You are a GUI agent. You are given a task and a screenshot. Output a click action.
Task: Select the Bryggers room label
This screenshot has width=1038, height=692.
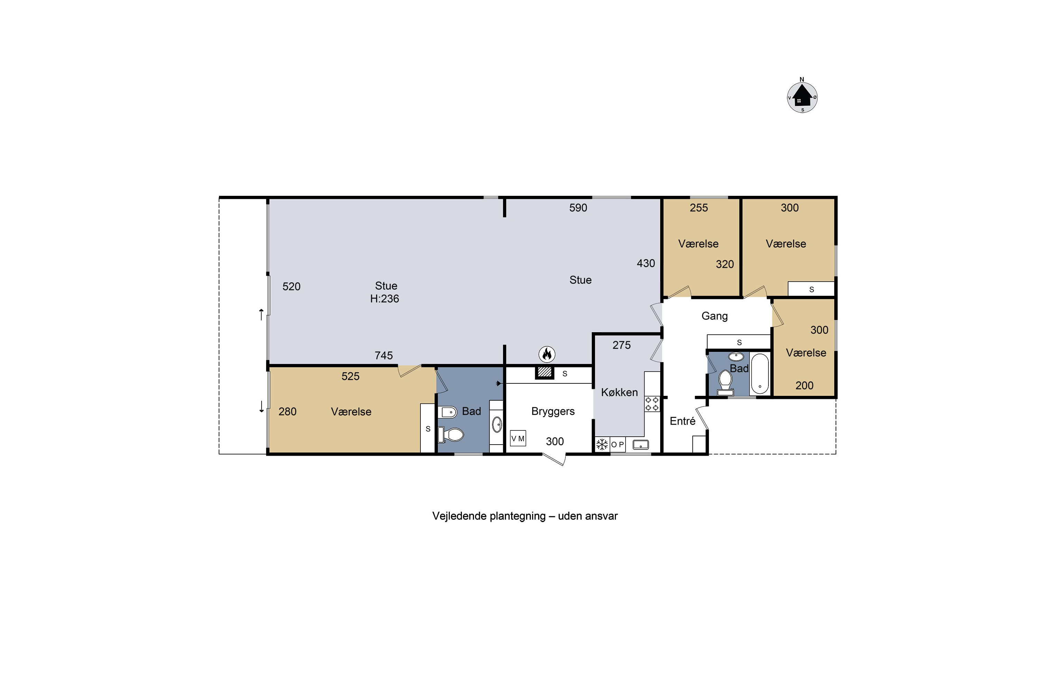click(x=553, y=411)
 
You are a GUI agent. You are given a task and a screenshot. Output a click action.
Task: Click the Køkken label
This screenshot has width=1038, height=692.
click(x=619, y=392)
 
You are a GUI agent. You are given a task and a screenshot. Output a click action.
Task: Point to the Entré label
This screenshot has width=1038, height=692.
click(x=682, y=421)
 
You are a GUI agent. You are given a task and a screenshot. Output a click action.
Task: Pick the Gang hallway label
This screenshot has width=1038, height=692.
click(x=714, y=316)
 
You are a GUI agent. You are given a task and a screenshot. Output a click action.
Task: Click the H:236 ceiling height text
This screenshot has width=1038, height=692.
click(x=384, y=299)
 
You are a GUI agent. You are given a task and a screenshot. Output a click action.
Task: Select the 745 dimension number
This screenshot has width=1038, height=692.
click(x=383, y=356)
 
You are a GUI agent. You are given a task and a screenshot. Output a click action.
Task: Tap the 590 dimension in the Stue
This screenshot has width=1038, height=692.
click(x=578, y=208)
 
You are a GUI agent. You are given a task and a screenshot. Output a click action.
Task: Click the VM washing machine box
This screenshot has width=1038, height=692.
click(x=518, y=438)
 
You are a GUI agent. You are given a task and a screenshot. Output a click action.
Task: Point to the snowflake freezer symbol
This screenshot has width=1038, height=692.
click(x=602, y=444)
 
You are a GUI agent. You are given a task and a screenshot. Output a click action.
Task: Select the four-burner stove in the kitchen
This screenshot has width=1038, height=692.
click(x=652, y=404)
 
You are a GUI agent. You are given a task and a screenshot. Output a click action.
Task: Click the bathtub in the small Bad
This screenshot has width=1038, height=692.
click(x=759, y=374)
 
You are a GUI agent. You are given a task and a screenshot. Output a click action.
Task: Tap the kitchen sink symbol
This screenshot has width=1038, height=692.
click(x=640, y=444)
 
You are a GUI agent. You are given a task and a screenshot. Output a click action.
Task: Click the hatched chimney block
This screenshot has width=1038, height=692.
click(x=545, y=372)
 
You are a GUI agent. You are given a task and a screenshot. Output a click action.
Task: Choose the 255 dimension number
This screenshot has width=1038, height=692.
click(x=699, y=208)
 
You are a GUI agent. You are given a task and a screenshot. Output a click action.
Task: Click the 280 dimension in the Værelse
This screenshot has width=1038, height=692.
click(x=287, y=412)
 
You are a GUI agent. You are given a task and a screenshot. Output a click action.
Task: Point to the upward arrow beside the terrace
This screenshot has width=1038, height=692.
click(x=261, y=314)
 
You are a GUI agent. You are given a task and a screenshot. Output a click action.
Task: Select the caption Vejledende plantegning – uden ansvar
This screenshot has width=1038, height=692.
click(x=525, y=516)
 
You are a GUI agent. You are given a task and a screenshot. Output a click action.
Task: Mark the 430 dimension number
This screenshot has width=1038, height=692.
click(x=646, y=263)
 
